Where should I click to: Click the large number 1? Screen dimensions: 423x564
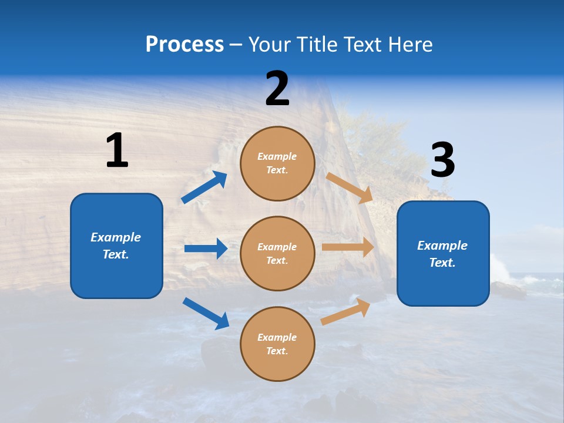pos(117,151)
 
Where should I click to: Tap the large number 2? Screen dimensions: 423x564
pos(277,89)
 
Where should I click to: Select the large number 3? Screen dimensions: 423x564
pos(442,160)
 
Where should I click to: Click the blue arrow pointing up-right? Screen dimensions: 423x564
pos(204,187)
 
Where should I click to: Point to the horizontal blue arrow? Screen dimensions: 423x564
pos(206,249)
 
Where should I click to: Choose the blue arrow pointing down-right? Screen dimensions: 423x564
pos(206,313)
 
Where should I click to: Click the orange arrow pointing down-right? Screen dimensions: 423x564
pos(350,188)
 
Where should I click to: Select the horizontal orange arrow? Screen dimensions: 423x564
pos(348,247)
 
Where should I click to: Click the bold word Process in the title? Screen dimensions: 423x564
pos(184,44)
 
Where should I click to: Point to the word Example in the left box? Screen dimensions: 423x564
pos(116,237)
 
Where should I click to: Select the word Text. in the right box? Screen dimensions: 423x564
pos(442,263)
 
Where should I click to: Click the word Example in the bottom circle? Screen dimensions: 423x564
pos(277,337)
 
